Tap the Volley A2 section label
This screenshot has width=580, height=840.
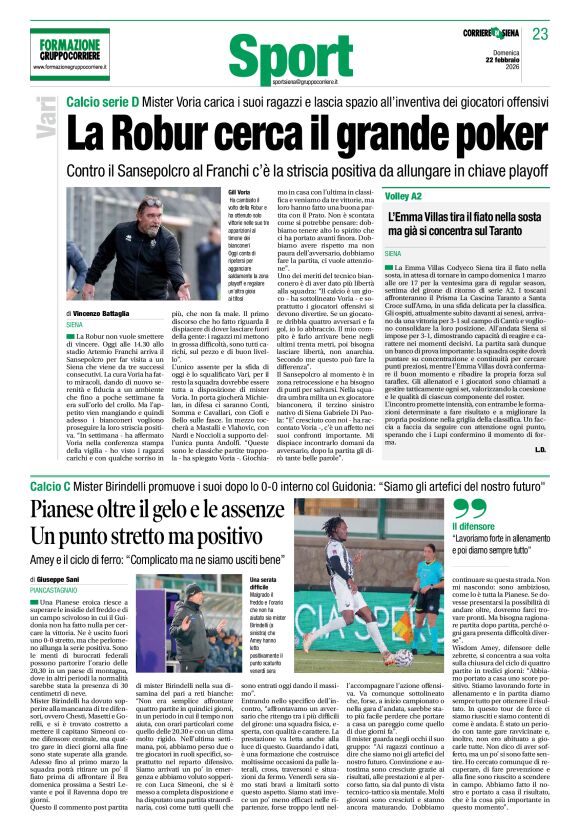tap(405, 197)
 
